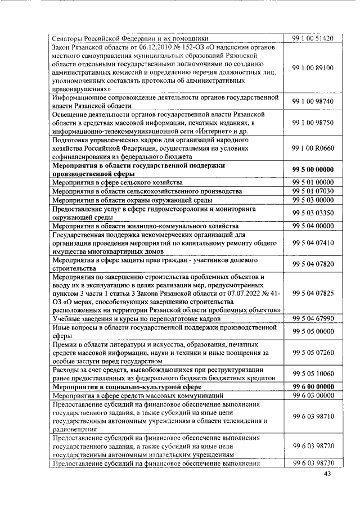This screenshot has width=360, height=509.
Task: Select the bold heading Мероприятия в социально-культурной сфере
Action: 123,388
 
